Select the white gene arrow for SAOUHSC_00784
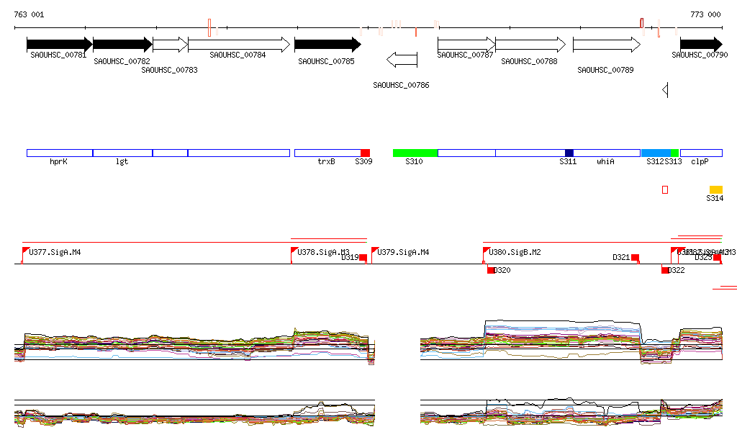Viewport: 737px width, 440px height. (238, 45)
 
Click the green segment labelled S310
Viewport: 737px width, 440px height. (415, 153)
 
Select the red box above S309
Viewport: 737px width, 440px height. (365, 153)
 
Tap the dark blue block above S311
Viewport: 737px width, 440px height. (569, 153)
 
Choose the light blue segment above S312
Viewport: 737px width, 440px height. (656, 153)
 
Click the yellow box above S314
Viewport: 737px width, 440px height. (715, 189)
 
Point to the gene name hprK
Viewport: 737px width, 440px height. (58, 162)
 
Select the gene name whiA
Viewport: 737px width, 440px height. (605, 162)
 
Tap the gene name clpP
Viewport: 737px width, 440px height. (700, 162)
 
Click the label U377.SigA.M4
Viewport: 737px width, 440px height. (55, 253)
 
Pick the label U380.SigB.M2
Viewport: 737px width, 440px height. (515, 253)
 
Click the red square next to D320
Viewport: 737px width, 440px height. (491, 270)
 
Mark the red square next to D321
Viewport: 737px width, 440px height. (635, 257)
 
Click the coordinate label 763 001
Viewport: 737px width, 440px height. (29, 14)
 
